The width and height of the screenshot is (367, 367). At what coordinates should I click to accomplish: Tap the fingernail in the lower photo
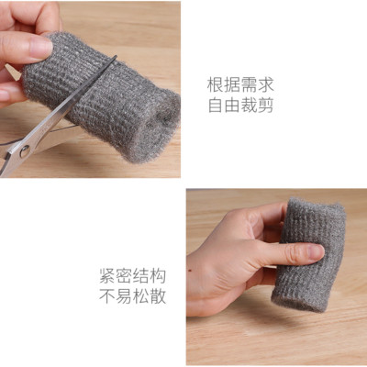pyautogui.click(x=313, y=250)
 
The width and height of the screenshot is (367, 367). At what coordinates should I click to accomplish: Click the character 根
pyautogui.click(x=215, y=85)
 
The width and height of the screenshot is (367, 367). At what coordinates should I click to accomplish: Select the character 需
pyautogui.click(x=249, y=85)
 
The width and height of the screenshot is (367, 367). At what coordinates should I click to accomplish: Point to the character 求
pyautogui.click(x=265, y=85)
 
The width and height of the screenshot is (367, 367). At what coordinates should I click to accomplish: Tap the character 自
pyautogui.click(x=215, y=106)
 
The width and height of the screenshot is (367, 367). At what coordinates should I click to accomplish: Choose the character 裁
pyautogui.click(x=249, y=106)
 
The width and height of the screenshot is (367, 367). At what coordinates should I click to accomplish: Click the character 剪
pyautogui.click(x=265, y=106)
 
